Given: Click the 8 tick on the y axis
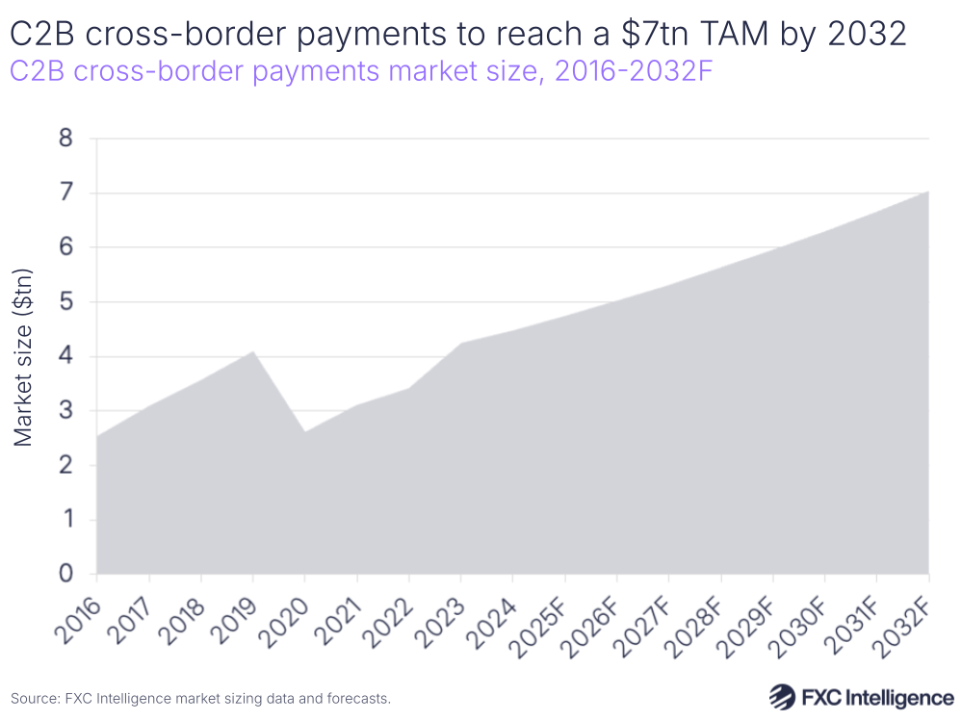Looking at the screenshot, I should [65, 139].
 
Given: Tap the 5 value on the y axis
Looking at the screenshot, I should [65, 302].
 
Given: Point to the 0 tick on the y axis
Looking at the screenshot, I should [65, 575].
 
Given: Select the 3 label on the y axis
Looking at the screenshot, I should [65, 411].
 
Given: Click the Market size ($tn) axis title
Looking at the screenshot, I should [25, 356].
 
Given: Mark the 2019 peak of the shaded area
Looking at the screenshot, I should [252, 351].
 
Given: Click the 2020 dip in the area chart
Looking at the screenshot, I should [304, 431].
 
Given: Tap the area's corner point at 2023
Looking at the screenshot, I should [460, 343].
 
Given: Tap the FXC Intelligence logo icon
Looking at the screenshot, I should [780, 696].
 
